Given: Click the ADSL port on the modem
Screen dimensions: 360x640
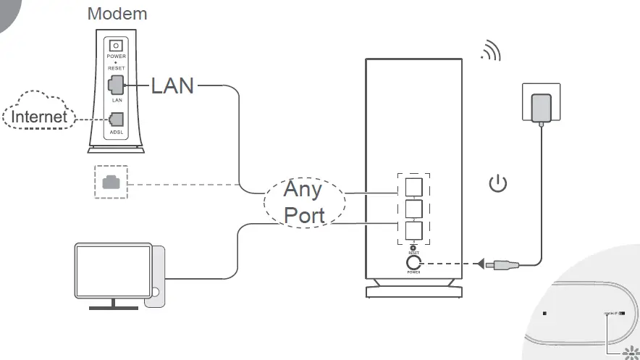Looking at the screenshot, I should point(115,119).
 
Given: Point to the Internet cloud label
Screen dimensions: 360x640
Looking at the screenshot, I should point(40,117).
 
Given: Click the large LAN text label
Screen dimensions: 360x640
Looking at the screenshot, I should point(172,85).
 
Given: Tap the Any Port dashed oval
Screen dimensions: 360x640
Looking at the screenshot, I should point(303,202).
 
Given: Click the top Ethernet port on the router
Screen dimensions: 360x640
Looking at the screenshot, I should point(413,187).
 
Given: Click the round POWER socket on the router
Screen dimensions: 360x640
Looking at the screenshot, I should point(414,262).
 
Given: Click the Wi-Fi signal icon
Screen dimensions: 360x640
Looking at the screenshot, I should point(491,52).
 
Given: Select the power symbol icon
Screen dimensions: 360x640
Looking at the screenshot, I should point(498,184).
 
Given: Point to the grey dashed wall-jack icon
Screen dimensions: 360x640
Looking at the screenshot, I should point(111,182).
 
